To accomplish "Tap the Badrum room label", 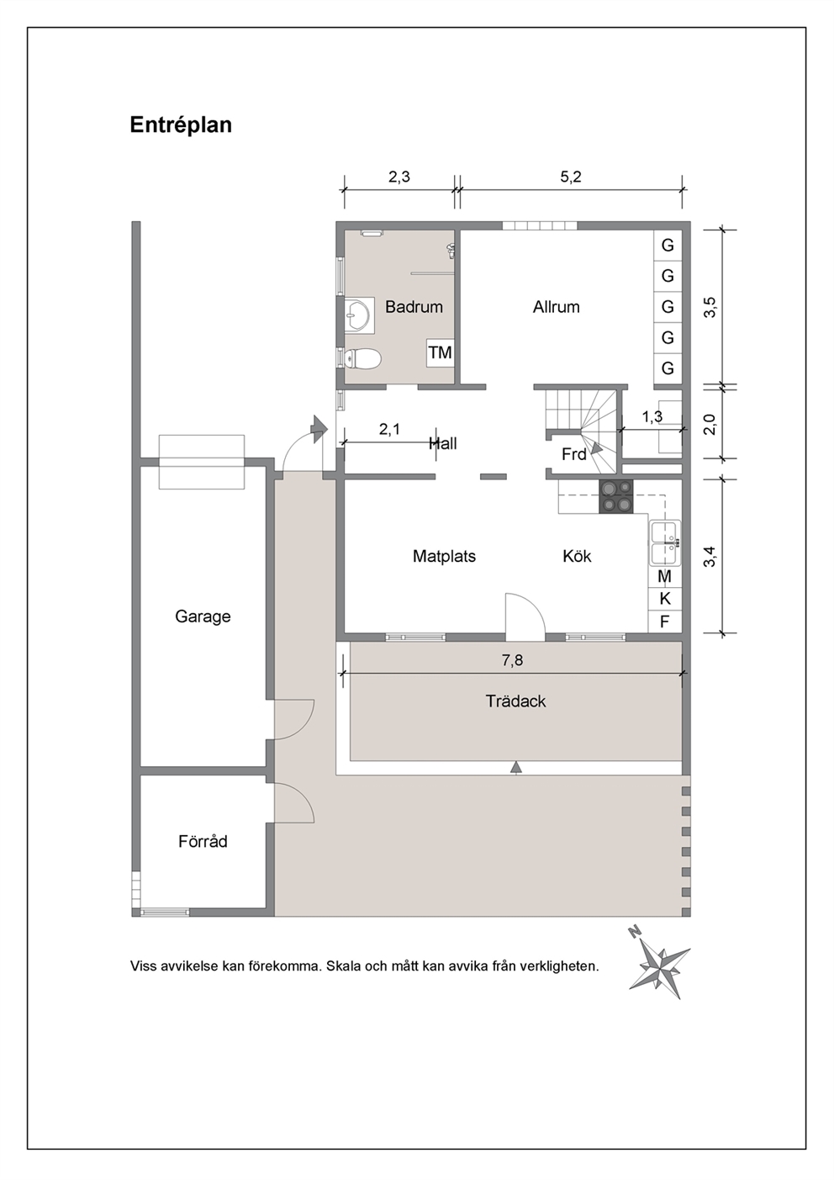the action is (414, 307).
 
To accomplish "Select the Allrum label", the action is (556, 307).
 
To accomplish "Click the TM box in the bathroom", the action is (441, 352).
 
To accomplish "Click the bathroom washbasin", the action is (359, 315).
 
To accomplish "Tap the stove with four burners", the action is (616, 496).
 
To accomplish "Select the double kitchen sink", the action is (665, 543).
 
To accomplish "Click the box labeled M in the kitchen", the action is (664, 577).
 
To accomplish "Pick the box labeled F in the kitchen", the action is (664, 622).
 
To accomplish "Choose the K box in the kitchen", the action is (664, 599).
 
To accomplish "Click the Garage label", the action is (203, 616).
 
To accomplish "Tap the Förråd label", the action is (203, 841).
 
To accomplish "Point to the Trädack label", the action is (515, 701).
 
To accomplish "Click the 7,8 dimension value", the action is (512, 659).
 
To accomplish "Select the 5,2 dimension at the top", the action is (571, 177).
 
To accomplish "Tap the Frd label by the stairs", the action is (573, 454).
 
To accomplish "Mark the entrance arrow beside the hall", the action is (318, 428).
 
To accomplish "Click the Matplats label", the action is (444, 556).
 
